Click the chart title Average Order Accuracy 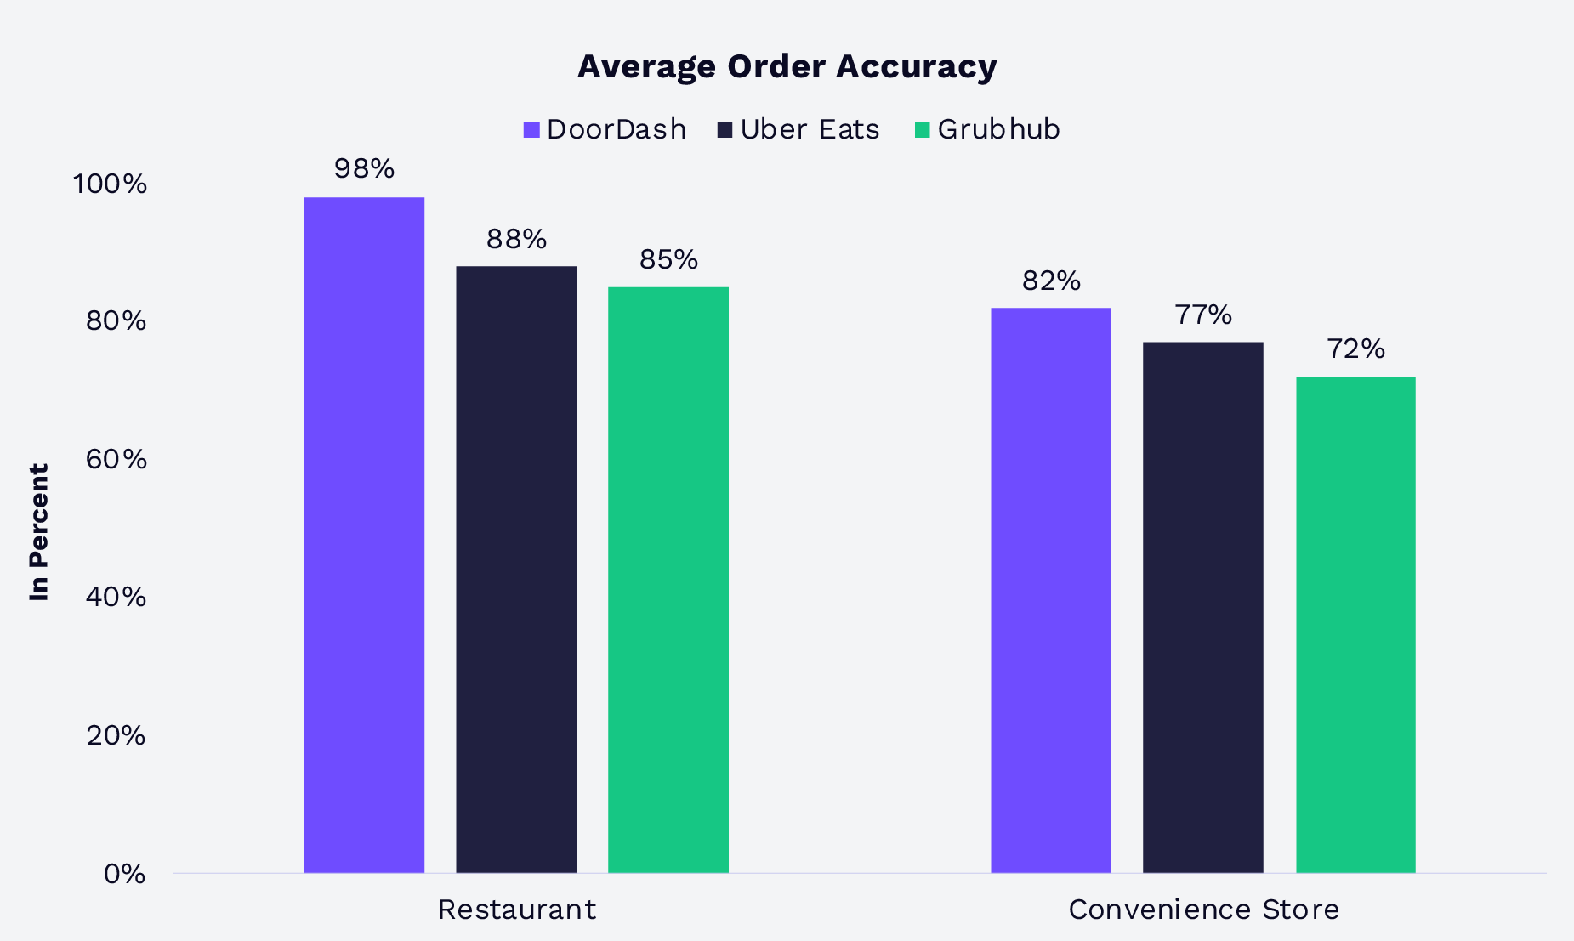787,66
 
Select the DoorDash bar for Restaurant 364,535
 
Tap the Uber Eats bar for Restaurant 516,569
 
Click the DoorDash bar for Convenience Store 1051,590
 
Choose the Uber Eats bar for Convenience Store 1203,607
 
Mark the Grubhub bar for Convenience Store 1355,624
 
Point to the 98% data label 364,169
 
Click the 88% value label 516,240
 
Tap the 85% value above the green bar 668,260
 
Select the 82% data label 1051,281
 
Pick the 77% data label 1203,315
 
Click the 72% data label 1355,349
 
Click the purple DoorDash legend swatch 531,130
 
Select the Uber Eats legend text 810,129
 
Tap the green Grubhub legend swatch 923,130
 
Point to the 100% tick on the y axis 110,184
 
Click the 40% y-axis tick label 116,597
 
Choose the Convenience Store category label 1203,910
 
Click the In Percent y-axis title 39,532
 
